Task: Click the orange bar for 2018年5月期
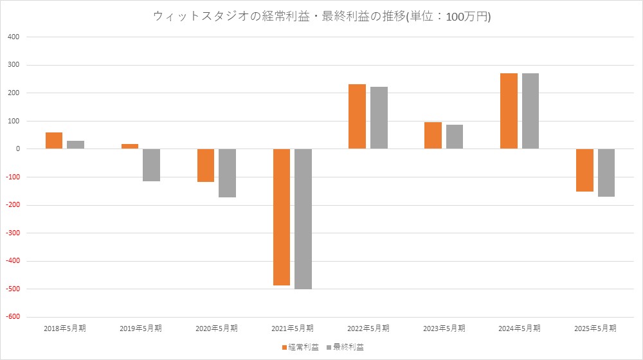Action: pos(54,141)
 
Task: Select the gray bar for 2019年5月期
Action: pos(151,165)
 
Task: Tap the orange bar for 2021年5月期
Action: pos(282,217)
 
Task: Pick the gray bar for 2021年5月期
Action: pos(303,219)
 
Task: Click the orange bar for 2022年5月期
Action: pos(357,116)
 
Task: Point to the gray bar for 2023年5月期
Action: pos(454,137)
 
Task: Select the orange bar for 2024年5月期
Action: pos(509,111)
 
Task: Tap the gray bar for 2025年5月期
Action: pos(606,173)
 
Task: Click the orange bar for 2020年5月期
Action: pos(206,165)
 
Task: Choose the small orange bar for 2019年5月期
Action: pos(130,147)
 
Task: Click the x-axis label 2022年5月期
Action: pos(368,328)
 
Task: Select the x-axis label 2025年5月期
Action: pos(595,328)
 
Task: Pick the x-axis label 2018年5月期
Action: pos(65,328)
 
